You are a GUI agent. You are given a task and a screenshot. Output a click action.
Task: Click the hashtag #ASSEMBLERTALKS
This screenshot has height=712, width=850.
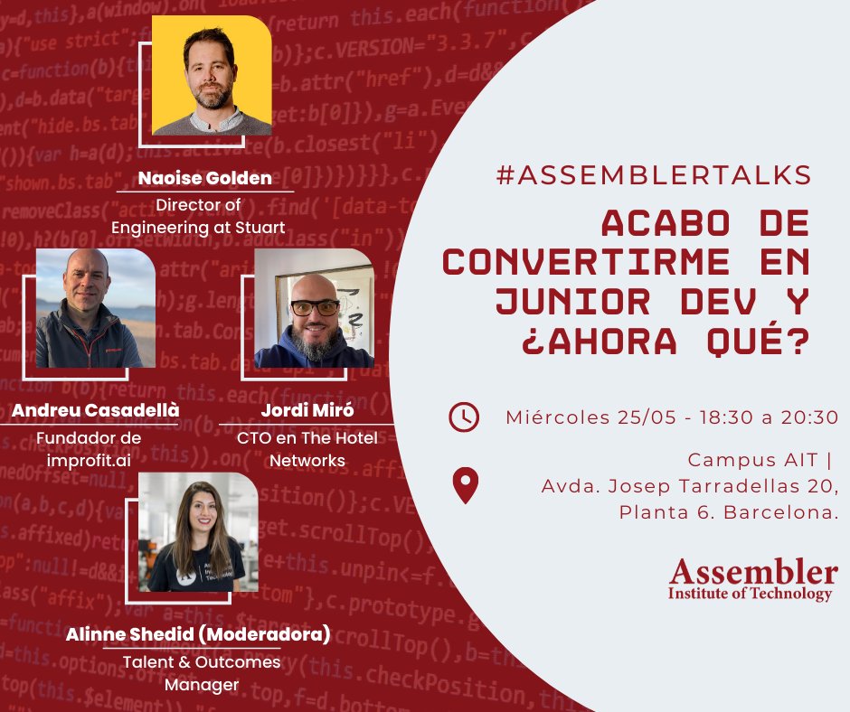653,175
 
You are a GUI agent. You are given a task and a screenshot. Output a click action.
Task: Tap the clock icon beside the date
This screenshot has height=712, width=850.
464,417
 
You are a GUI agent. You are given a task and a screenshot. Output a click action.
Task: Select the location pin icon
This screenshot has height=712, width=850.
465,485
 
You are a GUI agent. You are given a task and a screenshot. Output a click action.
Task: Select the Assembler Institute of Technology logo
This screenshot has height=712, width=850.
752,579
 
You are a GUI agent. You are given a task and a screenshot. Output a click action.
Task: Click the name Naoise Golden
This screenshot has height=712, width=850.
204,178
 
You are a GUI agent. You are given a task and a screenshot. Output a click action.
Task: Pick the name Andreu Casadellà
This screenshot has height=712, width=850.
95,411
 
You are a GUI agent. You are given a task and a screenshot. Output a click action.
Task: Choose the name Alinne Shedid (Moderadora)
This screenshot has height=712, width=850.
197,634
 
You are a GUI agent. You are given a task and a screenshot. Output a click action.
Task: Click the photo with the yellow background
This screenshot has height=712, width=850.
212,76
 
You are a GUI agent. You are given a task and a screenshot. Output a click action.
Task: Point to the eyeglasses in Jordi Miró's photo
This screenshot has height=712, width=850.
315,307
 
